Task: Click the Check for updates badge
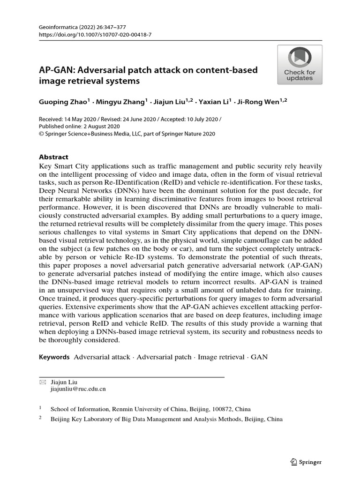(299, 65)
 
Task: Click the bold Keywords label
(54, 357)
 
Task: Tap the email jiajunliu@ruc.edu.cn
(78, 389)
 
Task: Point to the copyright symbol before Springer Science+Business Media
(41, 134)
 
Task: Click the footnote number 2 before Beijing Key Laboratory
(40, 418)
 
